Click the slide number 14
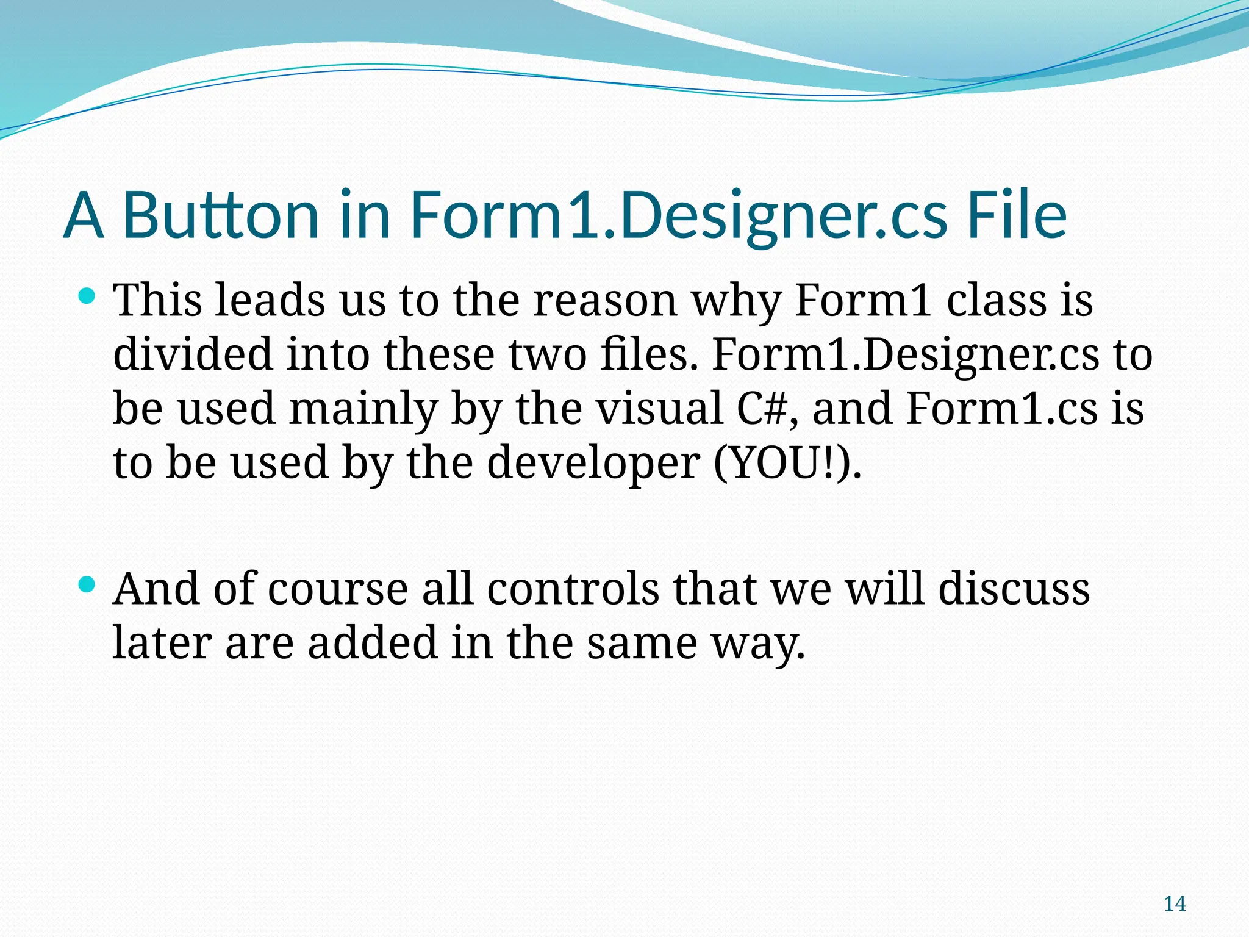(1175, 903)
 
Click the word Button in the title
(221, 215)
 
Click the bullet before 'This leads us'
(88, 298)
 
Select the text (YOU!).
(787, 463)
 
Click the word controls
(573, 589)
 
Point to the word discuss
(1014, 589)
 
